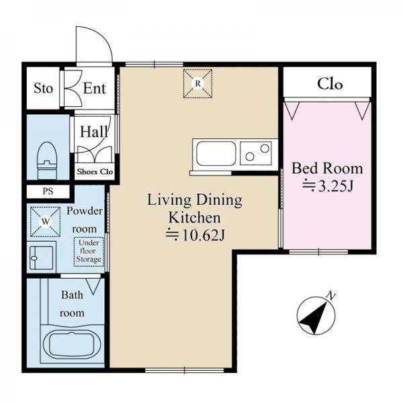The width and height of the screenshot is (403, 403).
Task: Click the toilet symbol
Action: pos(47,161)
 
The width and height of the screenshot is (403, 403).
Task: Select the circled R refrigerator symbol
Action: pos(197,83)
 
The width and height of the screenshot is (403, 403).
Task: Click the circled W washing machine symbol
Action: pos(45,222)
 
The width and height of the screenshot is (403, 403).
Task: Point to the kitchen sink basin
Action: pos(216,153)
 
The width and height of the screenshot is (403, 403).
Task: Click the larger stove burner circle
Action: pos(265,148)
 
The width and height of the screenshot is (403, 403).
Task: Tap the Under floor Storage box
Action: pos(89,251)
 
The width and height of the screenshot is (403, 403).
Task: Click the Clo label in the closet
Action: pos(330,84)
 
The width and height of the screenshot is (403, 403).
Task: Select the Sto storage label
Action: pos(43,88)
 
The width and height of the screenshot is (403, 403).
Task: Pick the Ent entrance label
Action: pos(94,89)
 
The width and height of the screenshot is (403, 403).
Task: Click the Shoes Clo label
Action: pos(95,171)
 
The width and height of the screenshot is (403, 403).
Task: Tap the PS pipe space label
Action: pos(48,191)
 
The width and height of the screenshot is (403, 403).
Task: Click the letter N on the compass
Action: pos(331,296)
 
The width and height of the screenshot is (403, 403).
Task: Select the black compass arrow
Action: pos(314,318)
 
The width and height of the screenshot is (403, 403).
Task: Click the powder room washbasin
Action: pos(42,257)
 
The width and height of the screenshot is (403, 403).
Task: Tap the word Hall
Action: pos(94,132)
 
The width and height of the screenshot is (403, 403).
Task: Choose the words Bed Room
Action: pos(327,169)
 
